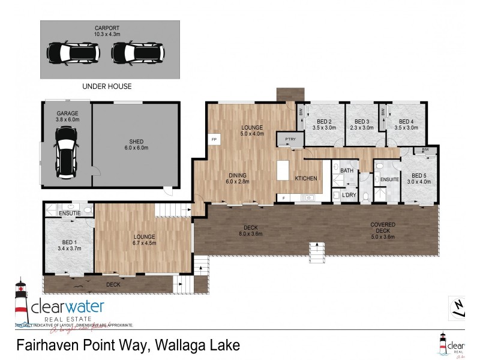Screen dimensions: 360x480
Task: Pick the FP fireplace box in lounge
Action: tap(214, 139)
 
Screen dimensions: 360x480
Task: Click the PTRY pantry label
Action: tap(290, 140)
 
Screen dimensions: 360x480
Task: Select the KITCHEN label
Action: tap(306, 179)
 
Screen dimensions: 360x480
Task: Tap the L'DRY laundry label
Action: tap(349, 195)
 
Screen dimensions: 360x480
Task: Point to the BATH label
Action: tap(347, 171)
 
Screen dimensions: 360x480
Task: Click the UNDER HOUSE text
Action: tap(107, 86)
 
